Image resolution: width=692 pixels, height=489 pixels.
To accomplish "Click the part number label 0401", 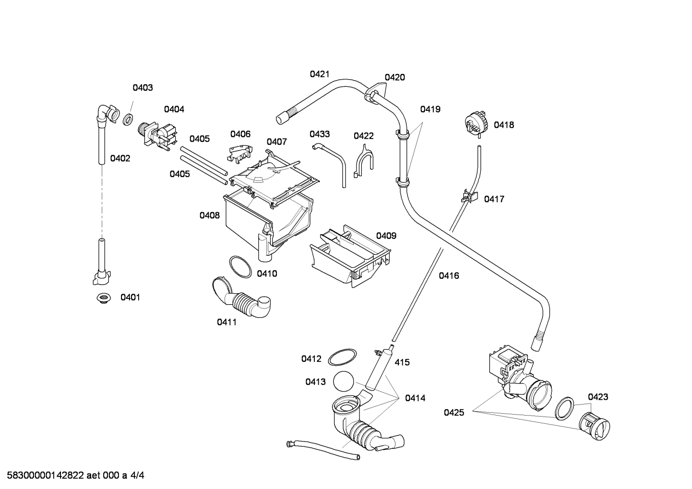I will pos(130,298).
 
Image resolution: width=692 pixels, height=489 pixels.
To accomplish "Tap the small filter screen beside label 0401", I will pos(102,298).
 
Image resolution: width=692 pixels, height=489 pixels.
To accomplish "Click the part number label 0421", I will pos(320,74).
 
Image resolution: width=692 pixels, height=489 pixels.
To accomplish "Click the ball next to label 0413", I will pos(343,382).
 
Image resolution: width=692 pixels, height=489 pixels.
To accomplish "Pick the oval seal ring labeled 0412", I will pos(343,358).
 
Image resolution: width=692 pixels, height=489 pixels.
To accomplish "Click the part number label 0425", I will pos(453,412).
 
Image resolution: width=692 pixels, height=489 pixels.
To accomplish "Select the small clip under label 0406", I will pos(239,152).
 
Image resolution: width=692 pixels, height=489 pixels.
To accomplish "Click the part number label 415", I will pos(402,362).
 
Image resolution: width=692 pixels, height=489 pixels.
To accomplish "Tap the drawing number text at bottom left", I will pos(72,476).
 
